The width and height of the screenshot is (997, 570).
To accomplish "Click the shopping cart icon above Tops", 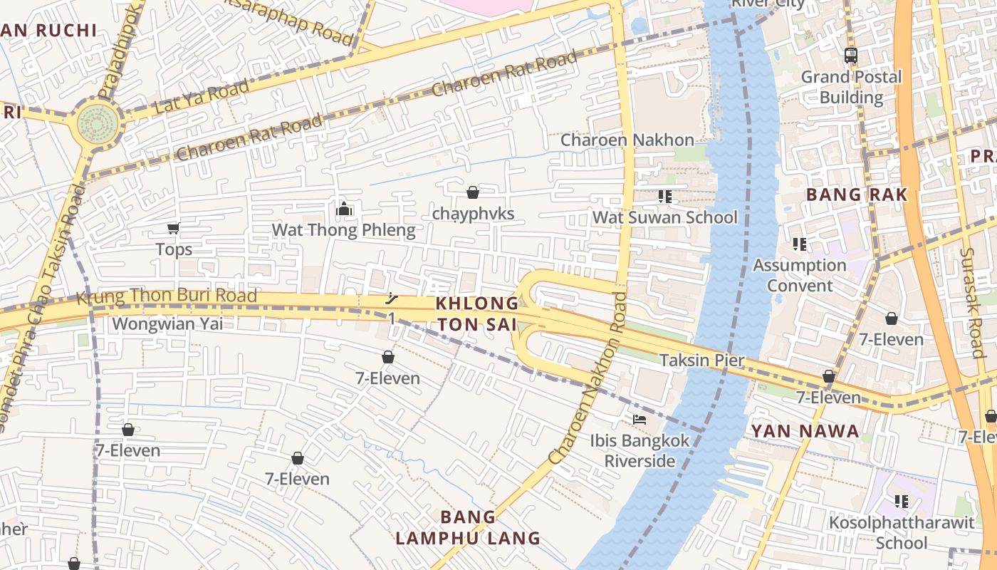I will coord(173,228).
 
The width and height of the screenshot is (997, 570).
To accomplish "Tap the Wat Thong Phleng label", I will coord(343,230).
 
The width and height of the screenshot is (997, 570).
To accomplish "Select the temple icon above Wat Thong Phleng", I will coord(344,209).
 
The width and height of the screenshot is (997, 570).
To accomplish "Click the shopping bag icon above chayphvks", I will coord(472,192).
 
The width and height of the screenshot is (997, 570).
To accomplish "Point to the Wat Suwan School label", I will coord(665,217).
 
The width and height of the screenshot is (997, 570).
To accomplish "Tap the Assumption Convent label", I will coord(800,275).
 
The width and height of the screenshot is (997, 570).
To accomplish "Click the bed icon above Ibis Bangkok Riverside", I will coord(640,420).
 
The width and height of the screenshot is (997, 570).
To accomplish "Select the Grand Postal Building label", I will coord(851,87).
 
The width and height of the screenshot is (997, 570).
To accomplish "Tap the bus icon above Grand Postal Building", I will coord(850,55).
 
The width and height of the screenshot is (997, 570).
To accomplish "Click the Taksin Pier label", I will coord(701,360).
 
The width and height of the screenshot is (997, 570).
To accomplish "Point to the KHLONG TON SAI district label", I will coord(477,313).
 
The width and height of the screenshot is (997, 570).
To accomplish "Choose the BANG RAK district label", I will coord(857,195).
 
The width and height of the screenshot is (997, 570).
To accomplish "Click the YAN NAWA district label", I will coord(805,431).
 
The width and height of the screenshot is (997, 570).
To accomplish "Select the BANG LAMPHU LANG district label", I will coord(468,527).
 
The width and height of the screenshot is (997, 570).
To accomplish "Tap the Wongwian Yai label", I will coord(167,323).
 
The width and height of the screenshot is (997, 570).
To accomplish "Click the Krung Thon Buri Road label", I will coord(166,296).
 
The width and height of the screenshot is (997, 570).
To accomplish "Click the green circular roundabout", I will coord(98,124).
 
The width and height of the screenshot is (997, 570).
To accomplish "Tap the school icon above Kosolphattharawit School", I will coord(902,502).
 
